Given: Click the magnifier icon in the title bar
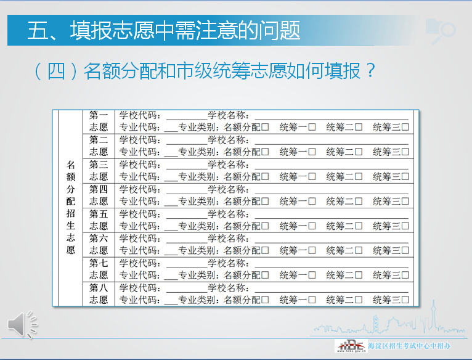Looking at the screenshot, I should tap(442, 31).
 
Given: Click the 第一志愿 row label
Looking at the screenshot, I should tap(99, 121).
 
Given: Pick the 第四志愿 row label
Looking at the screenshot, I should tap(99, 195).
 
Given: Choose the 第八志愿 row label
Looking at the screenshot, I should tap(99, 294).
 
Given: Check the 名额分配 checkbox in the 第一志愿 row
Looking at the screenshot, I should tap(265, 128).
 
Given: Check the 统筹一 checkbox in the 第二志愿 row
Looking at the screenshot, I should tap(312, 152).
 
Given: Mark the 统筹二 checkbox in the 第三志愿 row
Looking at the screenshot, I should tap(359, 177).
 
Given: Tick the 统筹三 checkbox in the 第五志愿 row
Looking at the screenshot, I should tap(405, 226).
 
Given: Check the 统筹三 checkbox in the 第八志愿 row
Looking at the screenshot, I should tap(405, 300).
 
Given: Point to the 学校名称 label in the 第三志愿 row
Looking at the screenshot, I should tap(228, 165).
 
